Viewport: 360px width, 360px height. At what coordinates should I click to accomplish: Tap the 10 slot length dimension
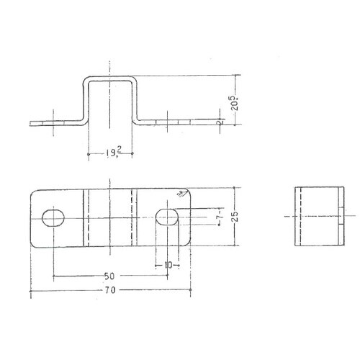pos(168,265)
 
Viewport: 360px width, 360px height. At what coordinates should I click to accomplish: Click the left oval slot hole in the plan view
pos(53,217)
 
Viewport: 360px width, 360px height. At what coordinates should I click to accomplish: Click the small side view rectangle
pos(317,216)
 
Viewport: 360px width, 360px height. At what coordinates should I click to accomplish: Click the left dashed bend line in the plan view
pos(87,217)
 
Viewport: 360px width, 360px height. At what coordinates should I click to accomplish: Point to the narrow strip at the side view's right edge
pos(338,216)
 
